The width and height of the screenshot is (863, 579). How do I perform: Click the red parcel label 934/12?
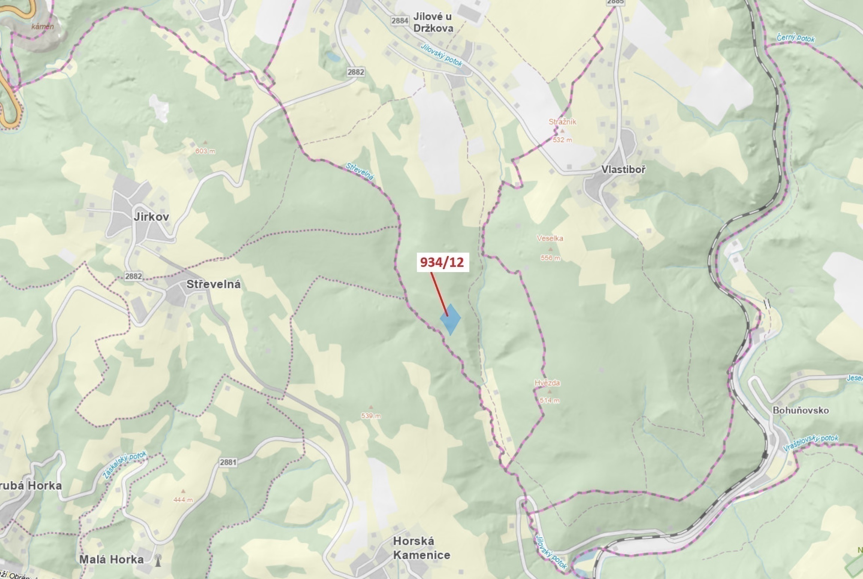(442, 262)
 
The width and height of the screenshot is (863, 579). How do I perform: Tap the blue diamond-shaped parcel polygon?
(450, 319)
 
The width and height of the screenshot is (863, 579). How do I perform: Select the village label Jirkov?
(151, 217)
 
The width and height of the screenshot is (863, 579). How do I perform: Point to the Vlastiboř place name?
(623, 170)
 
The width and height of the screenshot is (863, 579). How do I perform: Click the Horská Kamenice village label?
(421, 548)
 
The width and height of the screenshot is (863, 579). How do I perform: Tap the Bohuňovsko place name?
(800, 410)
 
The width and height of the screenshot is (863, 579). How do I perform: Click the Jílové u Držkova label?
(433, 22)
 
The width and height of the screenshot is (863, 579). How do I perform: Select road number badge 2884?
(399, 21)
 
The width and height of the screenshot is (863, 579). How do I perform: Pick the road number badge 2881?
(228, 462)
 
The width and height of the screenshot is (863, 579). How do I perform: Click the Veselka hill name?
(549, 238)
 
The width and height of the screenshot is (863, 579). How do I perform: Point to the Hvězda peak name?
(547, 383)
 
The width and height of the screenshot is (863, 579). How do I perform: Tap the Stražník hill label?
(562, 122)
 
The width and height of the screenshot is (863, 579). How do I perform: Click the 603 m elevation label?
(205, 151)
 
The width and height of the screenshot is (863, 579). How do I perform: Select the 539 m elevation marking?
(371, 416)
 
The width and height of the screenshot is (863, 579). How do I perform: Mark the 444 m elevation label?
(183, 500)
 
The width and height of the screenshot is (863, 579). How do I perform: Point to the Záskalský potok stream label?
(125, 466)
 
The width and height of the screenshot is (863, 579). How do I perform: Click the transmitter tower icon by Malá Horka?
(158, 560)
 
